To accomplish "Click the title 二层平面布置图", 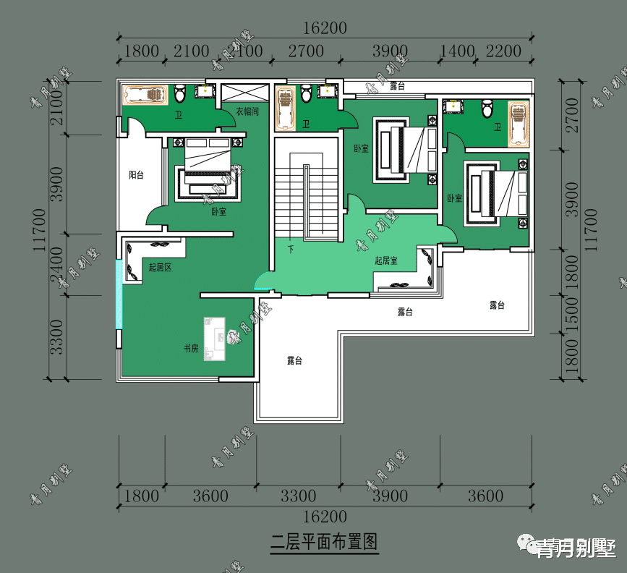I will click(x=325, y=542).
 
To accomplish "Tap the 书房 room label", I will click(x=190, y=348).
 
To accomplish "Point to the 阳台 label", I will click(x=136, y=175).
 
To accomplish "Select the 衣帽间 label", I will click(x=247, y=112).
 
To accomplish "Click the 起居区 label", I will click(x=160, y=267).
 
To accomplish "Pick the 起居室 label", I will click(x=385, y=260).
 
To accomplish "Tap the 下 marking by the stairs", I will click(x=291, y=249).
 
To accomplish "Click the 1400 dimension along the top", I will click(x=457, y=51).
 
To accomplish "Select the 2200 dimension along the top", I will click(x=503, y=51).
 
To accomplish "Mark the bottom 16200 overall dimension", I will click(x=325, y=517).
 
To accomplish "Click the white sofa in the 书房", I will click(x=216, y=338).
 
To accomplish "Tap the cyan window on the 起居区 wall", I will click(x=119, y=293).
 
